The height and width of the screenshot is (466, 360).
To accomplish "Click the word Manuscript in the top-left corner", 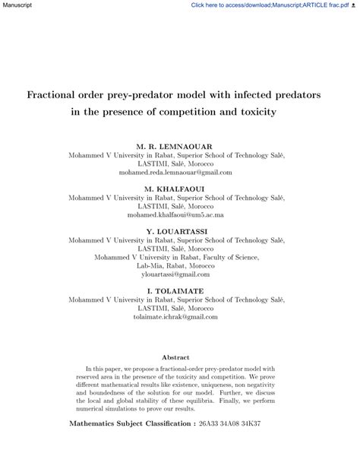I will point(16,5).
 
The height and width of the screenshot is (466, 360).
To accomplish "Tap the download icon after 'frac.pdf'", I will point(355,5).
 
